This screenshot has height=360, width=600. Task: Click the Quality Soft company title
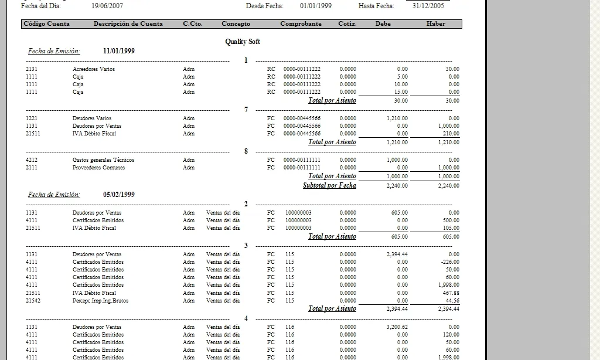coord(243,42)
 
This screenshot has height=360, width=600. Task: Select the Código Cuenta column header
coord(46,24)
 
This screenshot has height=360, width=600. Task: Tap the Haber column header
coord(436,24)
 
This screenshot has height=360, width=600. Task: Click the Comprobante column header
coord(301,24)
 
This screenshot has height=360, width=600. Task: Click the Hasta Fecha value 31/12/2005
coord(428,5)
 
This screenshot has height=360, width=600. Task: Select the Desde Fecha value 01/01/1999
coord(315,5)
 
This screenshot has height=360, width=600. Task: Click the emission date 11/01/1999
coord(119,51)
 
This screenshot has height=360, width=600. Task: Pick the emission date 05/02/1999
coord(119,195)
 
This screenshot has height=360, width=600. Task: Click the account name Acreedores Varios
coord(94,69)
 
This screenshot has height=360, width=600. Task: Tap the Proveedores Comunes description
coord(98,168)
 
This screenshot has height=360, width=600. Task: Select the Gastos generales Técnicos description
coord(103,160)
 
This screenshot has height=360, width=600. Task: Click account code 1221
coord(32,118)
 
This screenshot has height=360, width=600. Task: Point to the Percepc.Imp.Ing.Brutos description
coord(100,301)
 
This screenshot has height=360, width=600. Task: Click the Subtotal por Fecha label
coord(329,185)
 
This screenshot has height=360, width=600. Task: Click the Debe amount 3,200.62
coord(397,327)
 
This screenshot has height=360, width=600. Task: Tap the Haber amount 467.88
coord(451,293)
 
